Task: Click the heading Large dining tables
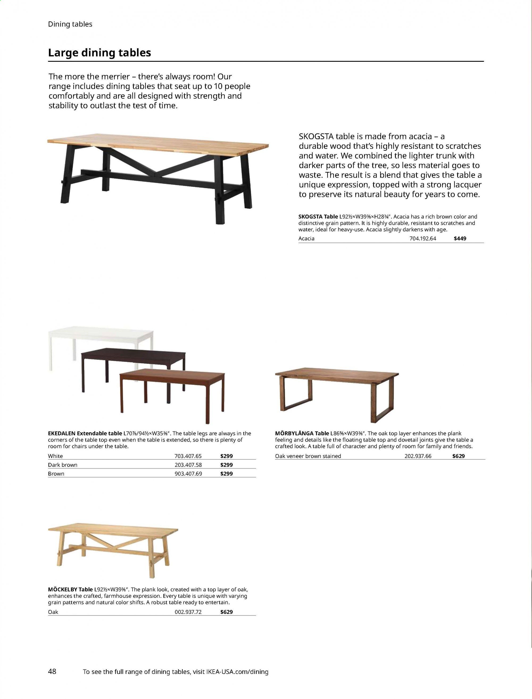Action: (x=99, y=53)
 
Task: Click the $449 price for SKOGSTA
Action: (x=460, y=238)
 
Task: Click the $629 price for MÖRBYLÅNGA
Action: (x=459, y=456)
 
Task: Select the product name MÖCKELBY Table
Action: (x=70, y=589)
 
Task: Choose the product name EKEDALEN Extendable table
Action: (x=85, y=433)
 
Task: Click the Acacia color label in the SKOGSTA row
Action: (x=306, y=238)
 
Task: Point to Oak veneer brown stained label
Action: (x=308, y=456)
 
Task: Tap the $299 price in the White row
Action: (x=226, y=456)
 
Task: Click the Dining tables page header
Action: (x=70, y=24)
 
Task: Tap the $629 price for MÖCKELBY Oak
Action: (x=226, y=612)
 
